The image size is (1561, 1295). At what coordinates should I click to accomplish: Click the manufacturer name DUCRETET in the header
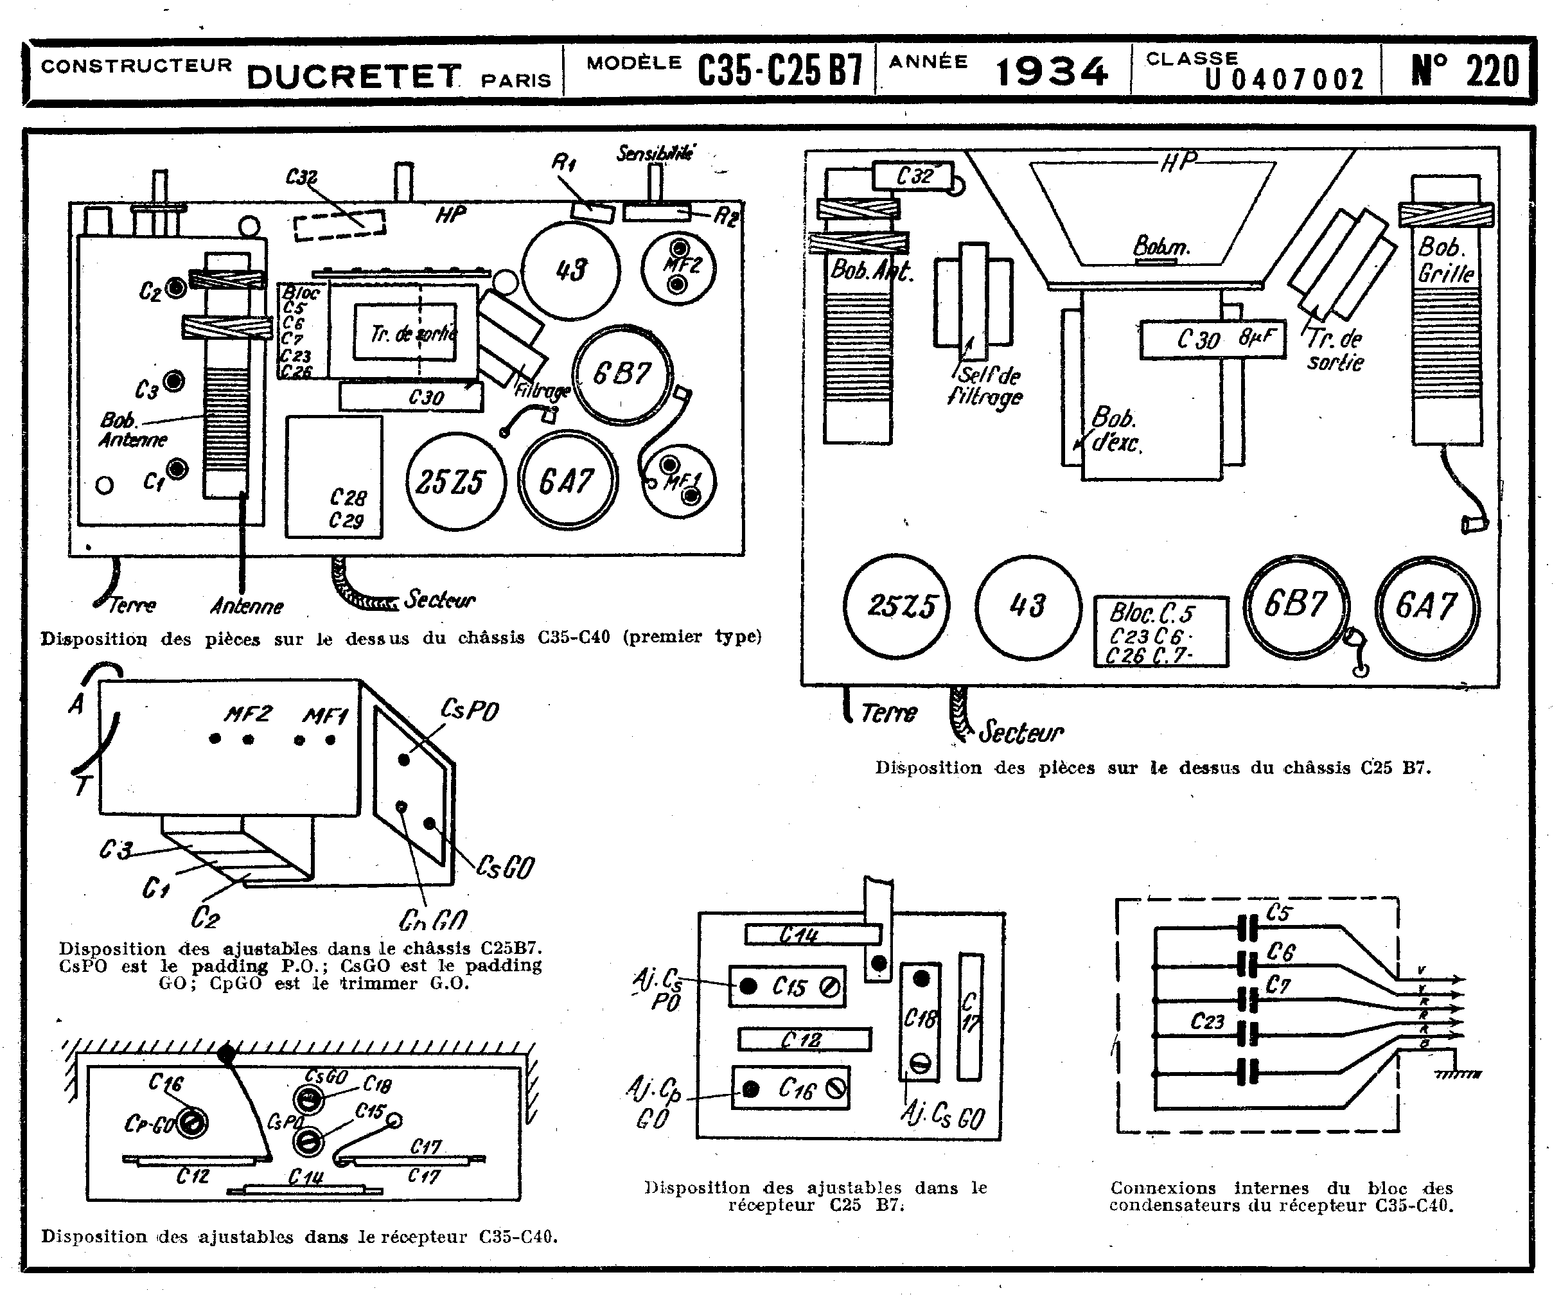(353, 76)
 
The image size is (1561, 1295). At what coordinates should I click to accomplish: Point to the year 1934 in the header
(1051, 72)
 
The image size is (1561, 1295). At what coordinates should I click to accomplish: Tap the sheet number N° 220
(1465, 71)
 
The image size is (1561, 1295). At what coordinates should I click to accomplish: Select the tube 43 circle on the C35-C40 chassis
(570, 270)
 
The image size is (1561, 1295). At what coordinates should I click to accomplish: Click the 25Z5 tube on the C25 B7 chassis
(897, 606)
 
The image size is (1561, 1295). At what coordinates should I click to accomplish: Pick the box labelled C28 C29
(334, 477)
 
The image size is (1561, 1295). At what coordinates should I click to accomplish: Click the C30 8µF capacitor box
(1212, 339)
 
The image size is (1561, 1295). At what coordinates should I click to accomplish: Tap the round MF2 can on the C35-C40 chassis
(678, 268)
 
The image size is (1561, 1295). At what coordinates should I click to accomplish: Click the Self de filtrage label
(987, 385)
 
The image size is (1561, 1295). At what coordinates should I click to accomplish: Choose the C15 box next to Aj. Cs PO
(787, 987)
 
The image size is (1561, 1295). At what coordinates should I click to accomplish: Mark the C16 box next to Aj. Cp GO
(790, 1088)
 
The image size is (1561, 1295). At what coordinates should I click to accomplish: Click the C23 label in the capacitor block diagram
(1206, 1021)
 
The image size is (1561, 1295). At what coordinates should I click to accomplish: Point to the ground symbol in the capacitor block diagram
(1457, 1073)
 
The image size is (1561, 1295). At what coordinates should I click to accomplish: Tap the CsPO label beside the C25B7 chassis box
(469, 710)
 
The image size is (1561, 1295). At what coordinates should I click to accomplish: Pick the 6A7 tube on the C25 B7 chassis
(1425, 606)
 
